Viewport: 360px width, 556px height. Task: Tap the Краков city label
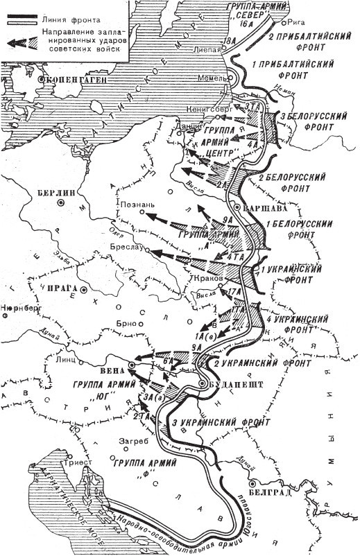[206, 277]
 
